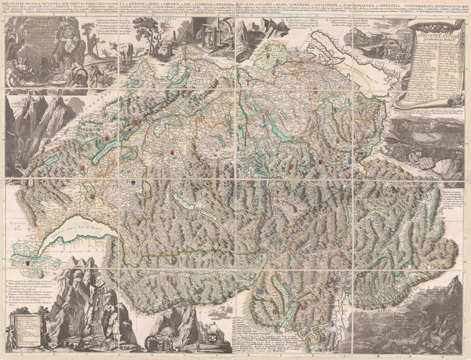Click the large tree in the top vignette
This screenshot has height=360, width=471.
[x=144, y=31]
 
